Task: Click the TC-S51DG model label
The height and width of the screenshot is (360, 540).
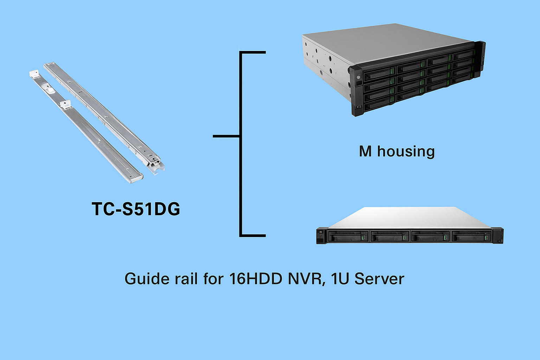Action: click(136, 209)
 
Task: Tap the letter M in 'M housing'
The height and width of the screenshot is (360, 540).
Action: click(365, 152)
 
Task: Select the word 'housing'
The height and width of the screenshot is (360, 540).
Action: click(406, 152)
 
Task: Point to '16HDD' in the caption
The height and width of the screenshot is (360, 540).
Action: click(256, 279)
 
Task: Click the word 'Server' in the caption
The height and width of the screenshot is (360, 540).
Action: click(379, 279)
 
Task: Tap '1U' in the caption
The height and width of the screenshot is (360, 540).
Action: click(340, 279)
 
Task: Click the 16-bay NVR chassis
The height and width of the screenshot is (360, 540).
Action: click(394, 70)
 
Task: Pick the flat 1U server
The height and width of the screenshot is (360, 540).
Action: click(410, 225)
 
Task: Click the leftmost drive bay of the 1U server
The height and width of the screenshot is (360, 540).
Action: click(348, 236)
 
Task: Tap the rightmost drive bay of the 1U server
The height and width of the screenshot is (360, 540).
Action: click(471, 236)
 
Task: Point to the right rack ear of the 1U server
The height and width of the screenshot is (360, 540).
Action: click(498, 236)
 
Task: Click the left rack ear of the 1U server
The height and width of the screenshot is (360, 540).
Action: click(322, 236)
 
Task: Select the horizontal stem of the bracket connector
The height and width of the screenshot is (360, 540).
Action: click(226, 136)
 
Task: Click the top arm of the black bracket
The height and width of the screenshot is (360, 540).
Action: click(253, 52)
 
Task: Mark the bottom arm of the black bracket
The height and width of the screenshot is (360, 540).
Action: click(253, 236)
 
